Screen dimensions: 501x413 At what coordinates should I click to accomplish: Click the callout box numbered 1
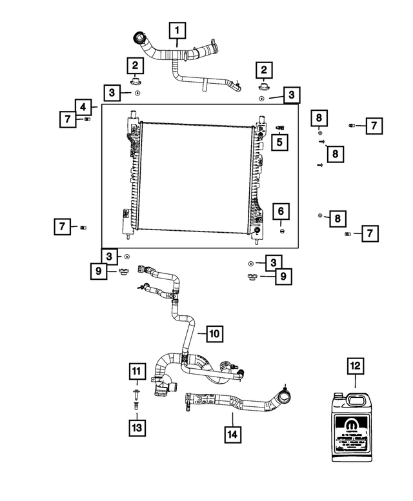[x=177, y=30]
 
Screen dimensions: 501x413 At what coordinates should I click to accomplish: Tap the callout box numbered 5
[x=279, y=141]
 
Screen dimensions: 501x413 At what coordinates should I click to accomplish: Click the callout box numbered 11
[x=137, y=371]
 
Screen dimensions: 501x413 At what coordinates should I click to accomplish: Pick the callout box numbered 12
[x=356, y=366]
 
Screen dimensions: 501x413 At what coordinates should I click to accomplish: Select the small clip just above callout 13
[x=137, y=408]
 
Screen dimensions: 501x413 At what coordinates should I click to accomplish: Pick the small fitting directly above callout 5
[x=279, y=126]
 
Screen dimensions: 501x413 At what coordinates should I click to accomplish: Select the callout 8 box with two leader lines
[x=334, y=153]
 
